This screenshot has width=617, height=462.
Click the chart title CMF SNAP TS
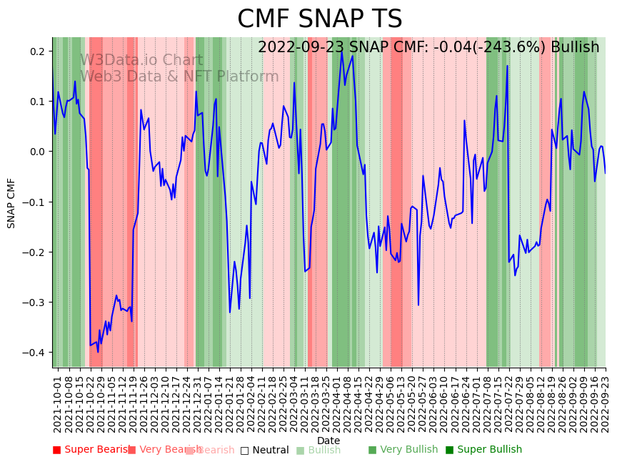coord(319,19)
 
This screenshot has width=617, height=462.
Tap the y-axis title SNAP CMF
coord(11,203)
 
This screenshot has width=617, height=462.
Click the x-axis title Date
coord(328,441)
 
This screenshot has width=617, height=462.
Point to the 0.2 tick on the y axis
coord(37,51)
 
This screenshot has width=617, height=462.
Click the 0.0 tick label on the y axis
coord(37,152)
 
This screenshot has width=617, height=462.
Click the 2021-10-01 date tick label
coord(58,404)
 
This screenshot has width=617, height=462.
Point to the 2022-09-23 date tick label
coord(606,404)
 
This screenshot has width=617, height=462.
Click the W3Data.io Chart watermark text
coord(141,60)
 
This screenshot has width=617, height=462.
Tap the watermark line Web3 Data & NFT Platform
coord(179,77)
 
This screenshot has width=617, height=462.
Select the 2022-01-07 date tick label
coord(207,404)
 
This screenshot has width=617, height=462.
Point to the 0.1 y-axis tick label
coord(37,102)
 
